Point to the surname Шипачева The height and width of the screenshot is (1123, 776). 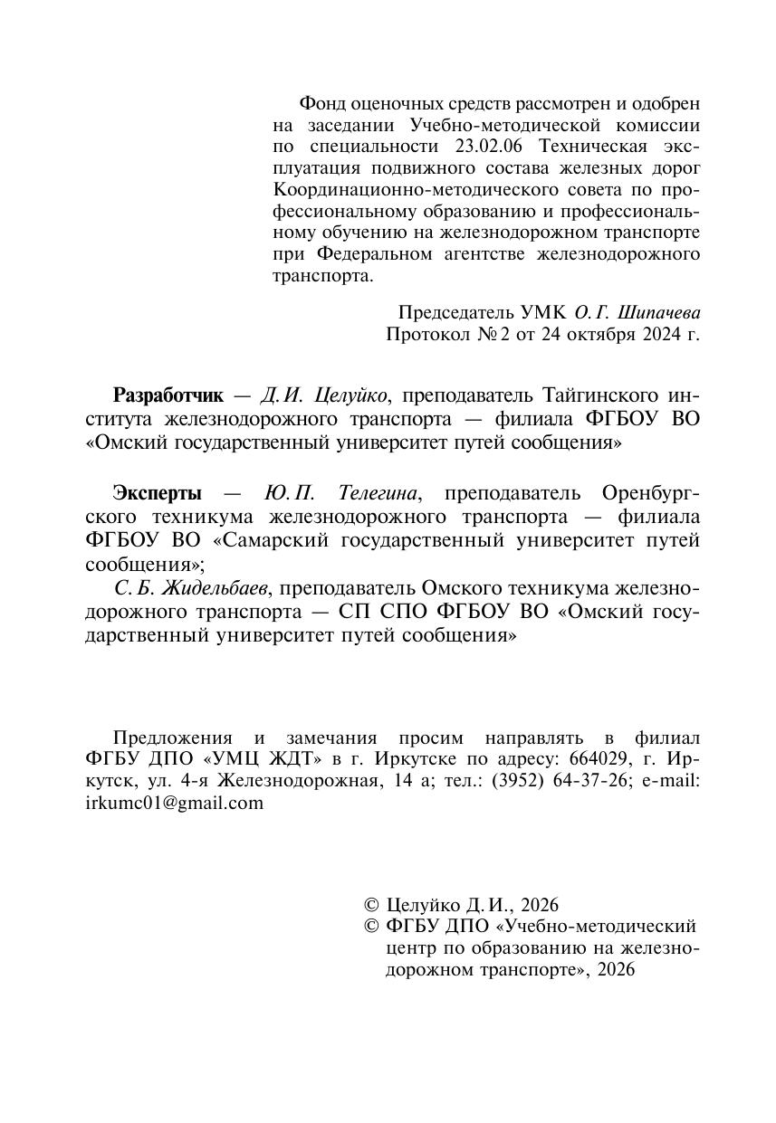[x=659, y=312]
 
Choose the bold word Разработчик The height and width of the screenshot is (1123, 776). [x=168, y=395]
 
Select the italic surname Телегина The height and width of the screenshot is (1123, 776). [x=378, y=493]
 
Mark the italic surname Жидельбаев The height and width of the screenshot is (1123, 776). [x=215, y=589]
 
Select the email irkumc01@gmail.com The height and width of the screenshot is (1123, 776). [x=173, y=804]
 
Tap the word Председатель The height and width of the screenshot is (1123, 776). [x=456, y=312]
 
